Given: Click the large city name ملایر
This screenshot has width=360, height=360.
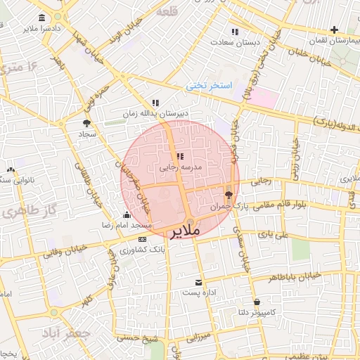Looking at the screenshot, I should [184, 231].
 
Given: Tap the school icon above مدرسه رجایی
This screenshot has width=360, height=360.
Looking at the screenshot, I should [180, 156].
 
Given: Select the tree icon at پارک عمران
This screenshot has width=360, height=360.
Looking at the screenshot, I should [229, 194].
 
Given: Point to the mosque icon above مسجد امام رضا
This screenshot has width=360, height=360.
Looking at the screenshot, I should [127, 214].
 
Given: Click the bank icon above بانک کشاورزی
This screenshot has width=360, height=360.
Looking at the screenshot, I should [142, 239].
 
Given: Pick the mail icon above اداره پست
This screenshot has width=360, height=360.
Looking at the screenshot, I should [199, 281].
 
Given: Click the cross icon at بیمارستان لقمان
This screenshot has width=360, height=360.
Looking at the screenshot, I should [334, 30].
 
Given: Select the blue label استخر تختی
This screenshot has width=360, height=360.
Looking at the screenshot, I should [208, 85].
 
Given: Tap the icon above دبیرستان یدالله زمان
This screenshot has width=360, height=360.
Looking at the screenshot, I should [155, 103].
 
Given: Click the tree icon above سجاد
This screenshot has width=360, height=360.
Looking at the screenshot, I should [86, 123].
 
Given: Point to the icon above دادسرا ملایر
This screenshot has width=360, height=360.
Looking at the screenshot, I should [43, 18].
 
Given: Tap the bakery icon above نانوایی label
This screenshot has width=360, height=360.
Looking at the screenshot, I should [11, 169].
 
